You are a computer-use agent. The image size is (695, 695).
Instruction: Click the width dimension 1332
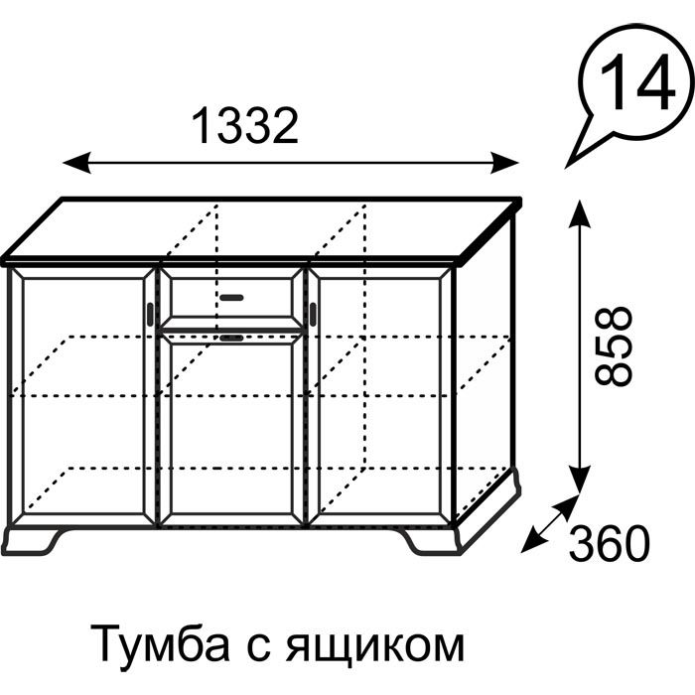point(245,126)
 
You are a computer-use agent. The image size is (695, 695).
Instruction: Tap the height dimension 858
point(613,346)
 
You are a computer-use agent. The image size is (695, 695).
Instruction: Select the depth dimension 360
point(609,543)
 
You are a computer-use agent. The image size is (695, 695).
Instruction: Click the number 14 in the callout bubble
point(637,83)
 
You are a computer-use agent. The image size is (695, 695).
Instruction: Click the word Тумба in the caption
point(160,645)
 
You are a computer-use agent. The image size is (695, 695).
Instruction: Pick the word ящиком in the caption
point(374,647)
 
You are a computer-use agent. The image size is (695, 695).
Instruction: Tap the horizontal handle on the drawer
point(231,298)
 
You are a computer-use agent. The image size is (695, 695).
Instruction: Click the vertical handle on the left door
point(150,315)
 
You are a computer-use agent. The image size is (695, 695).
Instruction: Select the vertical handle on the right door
point(314,315)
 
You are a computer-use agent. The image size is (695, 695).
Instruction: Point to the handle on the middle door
point(231,339)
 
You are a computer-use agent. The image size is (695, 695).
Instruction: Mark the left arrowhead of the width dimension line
point(76,163)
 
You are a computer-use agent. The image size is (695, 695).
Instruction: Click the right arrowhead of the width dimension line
point(504,163)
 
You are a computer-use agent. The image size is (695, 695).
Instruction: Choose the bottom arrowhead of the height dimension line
point(580,480)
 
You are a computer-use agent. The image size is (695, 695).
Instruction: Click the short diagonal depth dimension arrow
point(550,524)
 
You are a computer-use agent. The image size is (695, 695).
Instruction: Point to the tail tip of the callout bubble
point(566,169)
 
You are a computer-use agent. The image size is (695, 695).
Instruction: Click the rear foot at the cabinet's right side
point(514,483)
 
